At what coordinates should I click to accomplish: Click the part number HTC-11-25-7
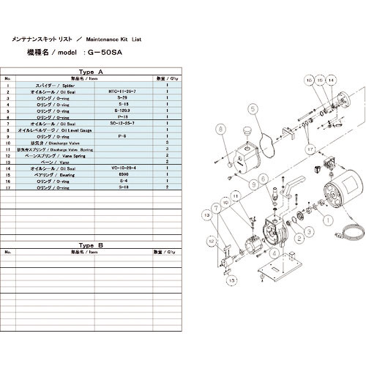tap(122, 91)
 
